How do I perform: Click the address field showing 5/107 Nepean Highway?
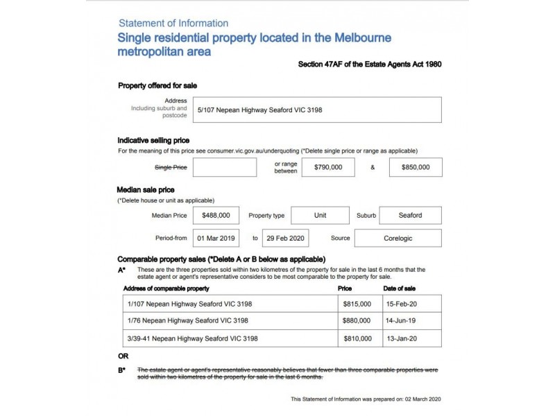pos(318,110)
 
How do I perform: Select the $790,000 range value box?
pos(328,167)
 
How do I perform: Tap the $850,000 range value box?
pos(415,167)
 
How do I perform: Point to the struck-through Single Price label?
pos(171,167)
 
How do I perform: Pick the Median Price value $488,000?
pos(216,216)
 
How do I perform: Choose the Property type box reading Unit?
pos(320,216)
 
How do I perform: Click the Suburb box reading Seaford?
pos(410,216)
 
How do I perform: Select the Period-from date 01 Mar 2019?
pos(216,239)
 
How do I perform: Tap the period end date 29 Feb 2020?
pos(285,239)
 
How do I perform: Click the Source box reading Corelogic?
pos(398,239)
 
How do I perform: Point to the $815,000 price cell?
pos(357,304)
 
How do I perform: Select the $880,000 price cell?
pos(357,321)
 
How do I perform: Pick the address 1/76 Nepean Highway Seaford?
pos(188,321)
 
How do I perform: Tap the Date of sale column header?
pos(399,288)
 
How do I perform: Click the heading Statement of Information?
pos(173,24)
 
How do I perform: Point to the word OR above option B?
pos(123,356)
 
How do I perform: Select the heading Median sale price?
pos(146,189)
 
